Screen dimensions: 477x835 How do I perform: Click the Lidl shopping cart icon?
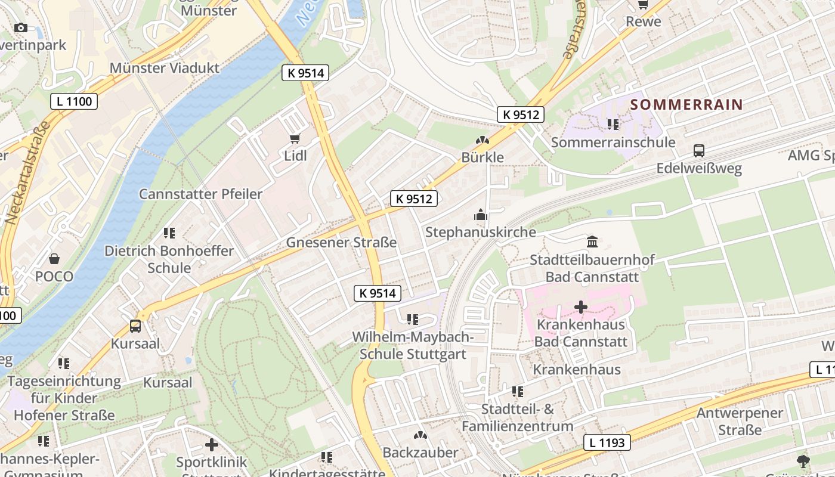click(295, 139)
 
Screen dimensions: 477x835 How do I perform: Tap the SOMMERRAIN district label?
click(686, 104)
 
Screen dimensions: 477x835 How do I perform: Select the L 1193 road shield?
click(607, 442)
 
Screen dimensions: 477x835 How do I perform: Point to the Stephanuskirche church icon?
click(481, 215)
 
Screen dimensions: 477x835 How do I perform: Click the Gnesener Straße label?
click(341, 243)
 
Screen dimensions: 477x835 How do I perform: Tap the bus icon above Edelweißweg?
click(699, 151)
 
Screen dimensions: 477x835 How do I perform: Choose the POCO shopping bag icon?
click(54, 259)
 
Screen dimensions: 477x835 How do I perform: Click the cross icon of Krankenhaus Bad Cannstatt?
click(580, 307)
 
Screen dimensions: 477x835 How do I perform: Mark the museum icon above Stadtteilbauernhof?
click(592, 242)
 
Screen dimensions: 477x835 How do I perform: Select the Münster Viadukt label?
click(165, 67)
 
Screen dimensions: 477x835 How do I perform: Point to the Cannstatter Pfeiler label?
click(200, 194)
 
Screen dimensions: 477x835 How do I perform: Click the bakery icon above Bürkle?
click(483, 140)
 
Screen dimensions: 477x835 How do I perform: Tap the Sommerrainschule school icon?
click(613, 125)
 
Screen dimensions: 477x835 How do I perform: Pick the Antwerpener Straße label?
click(740, 421)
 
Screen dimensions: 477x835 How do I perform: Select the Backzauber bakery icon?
click(420, 435)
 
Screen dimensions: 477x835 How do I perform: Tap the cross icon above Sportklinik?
click(211, 445)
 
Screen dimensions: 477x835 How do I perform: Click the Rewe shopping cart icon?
click(643, 5)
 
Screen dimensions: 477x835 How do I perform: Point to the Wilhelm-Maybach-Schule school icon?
click(412, 320)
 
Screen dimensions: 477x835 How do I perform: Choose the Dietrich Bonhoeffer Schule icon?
click(169, 233)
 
